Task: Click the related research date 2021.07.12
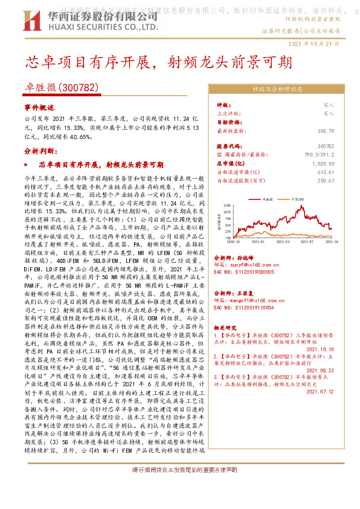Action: click(321, 391)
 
